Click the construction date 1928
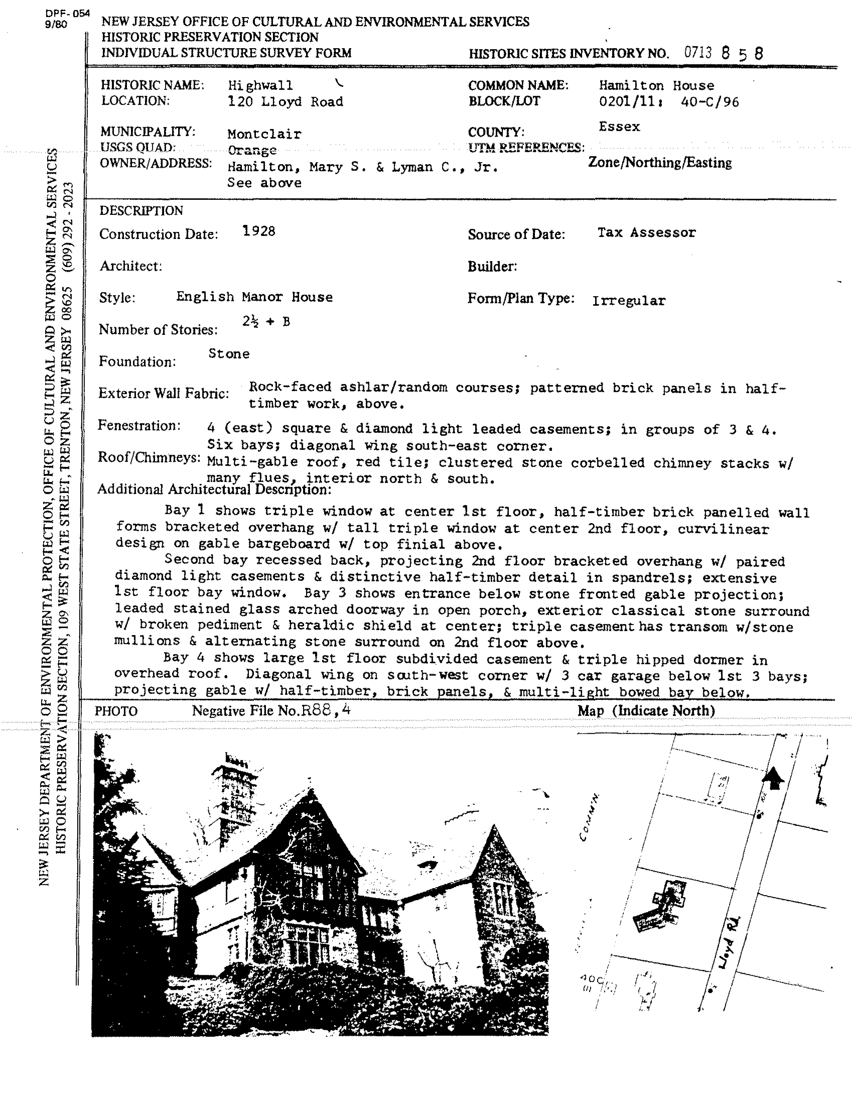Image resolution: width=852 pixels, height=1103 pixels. [x=259, y=231]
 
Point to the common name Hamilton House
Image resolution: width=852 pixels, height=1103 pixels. [x=656, y=85]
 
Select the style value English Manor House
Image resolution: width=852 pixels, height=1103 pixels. [x=254, y=297]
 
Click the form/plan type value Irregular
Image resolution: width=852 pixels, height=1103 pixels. [x=629, y=301]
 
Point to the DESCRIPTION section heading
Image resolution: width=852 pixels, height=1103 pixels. [x=141, y=211]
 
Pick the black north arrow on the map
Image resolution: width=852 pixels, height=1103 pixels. [x=772, y=779]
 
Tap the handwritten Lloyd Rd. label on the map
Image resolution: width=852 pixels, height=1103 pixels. [x=730, y=942]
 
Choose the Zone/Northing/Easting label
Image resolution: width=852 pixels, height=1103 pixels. [x=660, y=163]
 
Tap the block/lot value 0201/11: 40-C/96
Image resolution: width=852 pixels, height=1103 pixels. [x=669, y=102]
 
